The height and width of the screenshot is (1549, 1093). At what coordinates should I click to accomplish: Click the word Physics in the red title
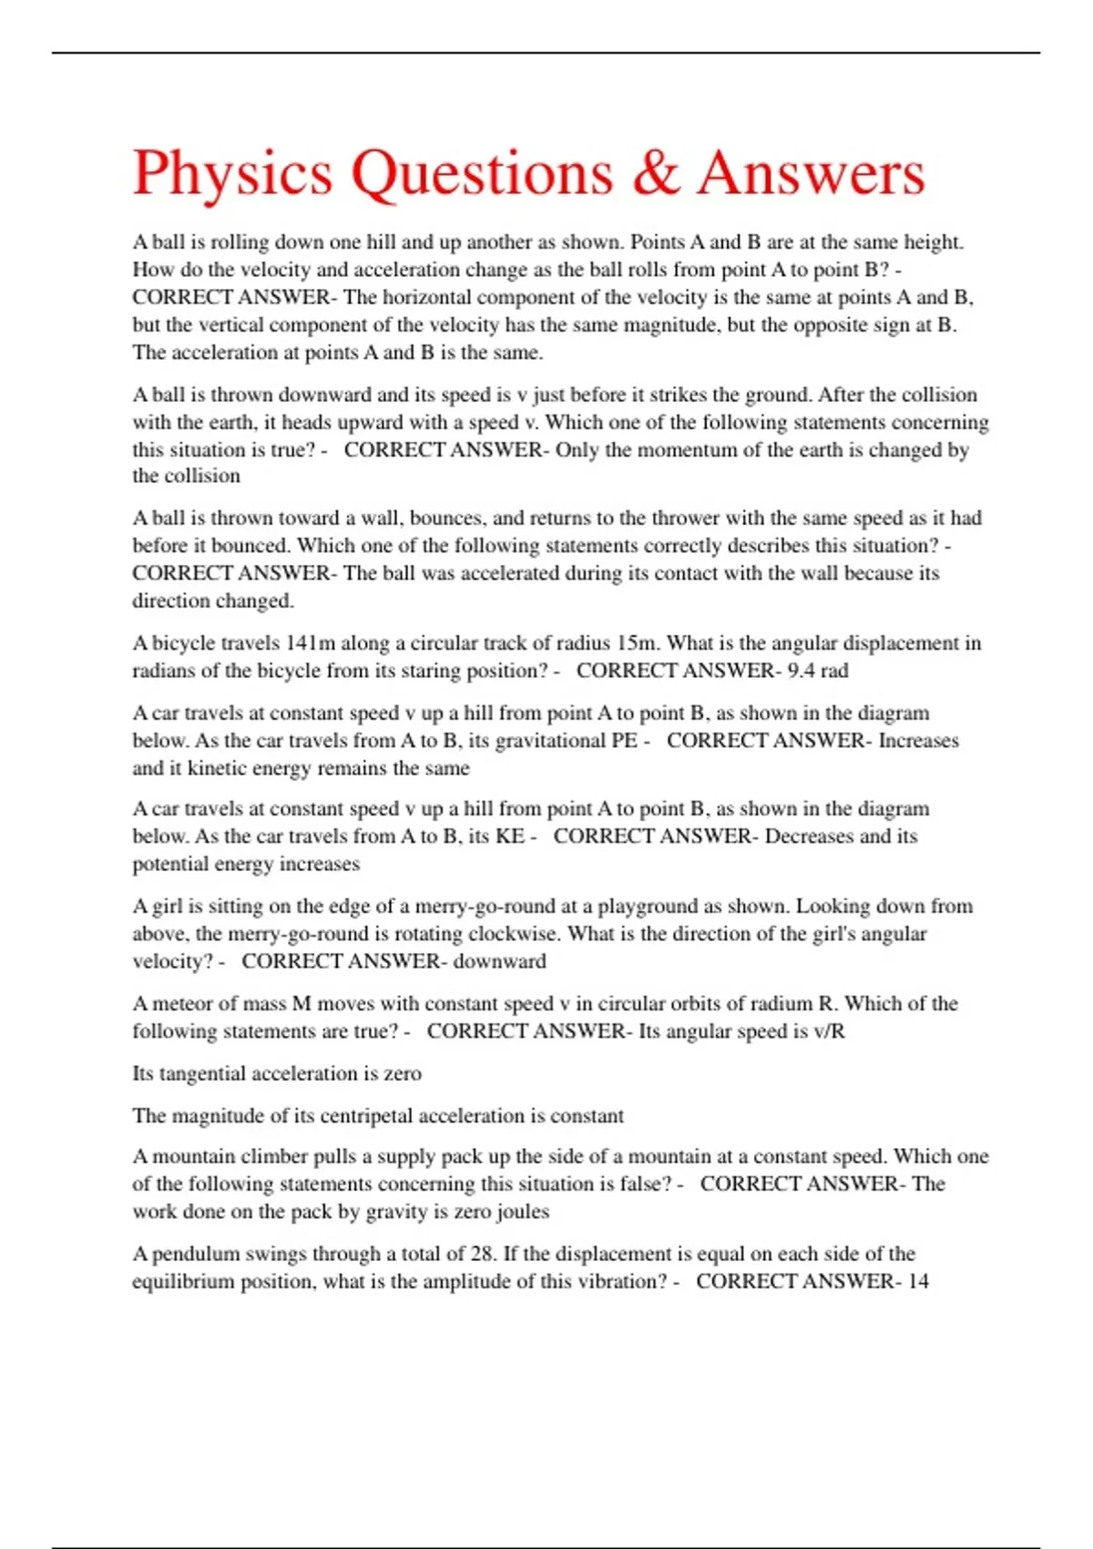(x=232, y=173)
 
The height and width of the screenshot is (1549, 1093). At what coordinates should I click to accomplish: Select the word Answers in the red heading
(x=812, y=173)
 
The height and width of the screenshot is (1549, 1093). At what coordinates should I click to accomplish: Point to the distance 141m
(x=311, y=643)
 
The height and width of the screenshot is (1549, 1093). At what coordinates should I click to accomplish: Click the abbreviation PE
(x=624, y=741)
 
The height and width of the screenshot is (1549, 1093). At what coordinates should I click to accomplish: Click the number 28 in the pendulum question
(x=482, y=1254)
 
